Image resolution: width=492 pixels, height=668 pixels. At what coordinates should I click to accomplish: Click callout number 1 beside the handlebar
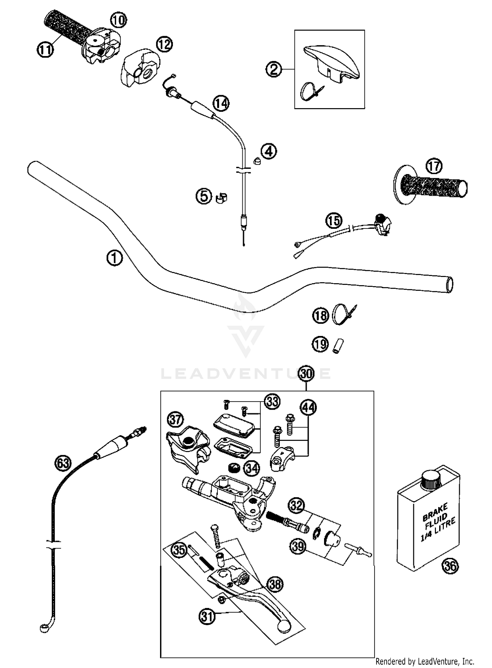tap(114, 258)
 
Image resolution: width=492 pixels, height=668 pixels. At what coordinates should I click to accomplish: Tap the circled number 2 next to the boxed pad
tap(274, 69)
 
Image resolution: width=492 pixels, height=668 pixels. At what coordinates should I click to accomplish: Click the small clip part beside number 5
tap(222, 198)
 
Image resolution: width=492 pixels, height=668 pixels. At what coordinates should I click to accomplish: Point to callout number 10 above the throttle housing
tap(118, 21)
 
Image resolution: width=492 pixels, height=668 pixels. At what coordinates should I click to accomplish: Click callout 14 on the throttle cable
tap(221, 104)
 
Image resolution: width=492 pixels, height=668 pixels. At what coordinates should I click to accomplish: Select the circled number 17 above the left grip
tap(434, 167)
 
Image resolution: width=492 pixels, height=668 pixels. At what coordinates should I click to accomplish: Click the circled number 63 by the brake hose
tap(62, 463)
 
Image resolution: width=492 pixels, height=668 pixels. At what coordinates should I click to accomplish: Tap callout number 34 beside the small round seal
tap(252, 468)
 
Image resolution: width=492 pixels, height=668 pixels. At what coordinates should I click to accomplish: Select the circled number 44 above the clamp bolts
tap(308, 407)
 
